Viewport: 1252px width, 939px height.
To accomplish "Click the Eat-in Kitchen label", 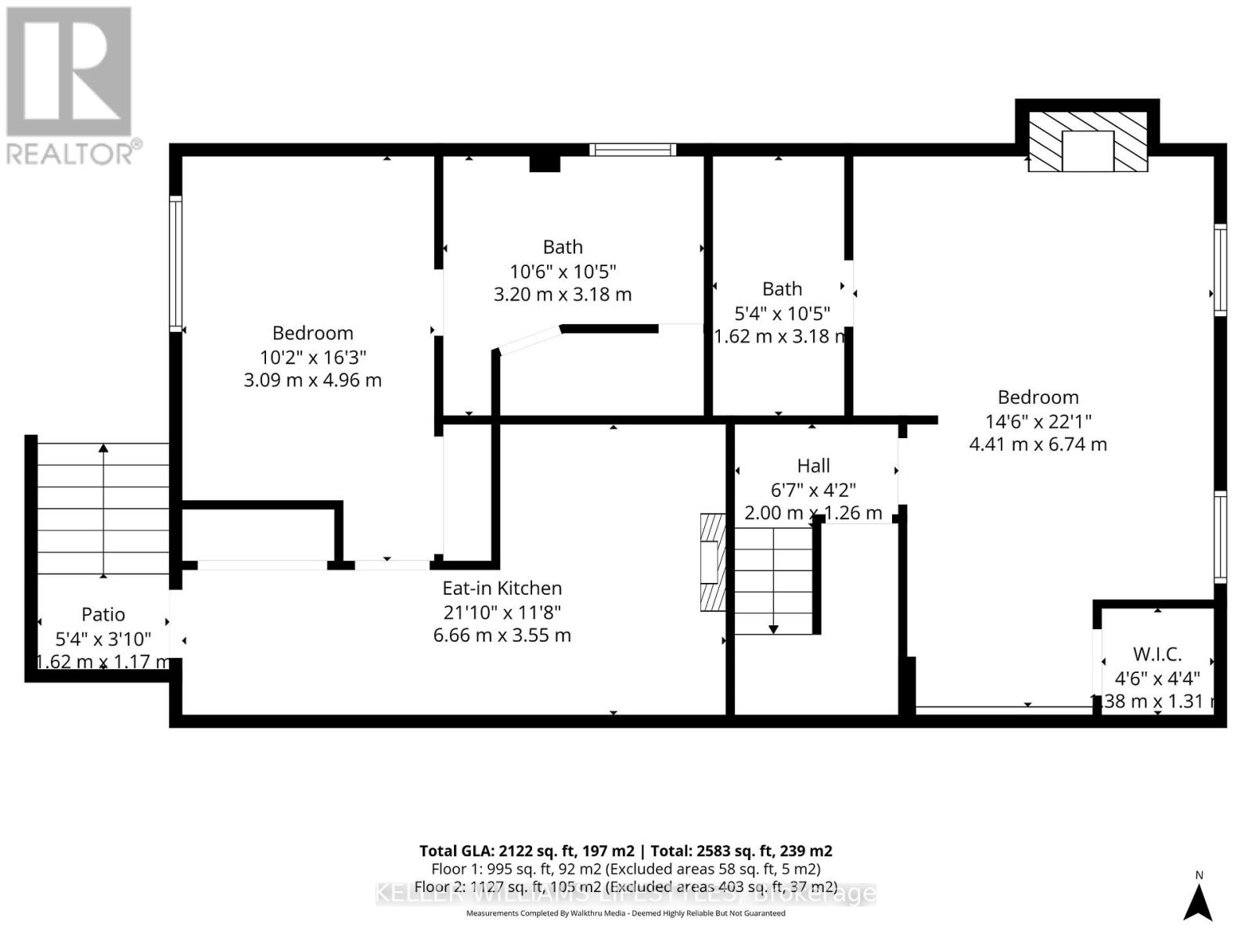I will click(x=502, y=588).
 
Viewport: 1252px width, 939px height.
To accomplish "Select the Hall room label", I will click(x=813, y=466).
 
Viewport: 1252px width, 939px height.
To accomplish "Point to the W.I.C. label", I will click(x=1157, y=654).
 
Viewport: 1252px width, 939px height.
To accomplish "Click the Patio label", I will click(x=103, y=615).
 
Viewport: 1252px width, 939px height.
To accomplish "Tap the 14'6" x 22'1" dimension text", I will click(x=1038, y=421).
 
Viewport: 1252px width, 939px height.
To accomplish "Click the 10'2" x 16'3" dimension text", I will click(x=313, y=357).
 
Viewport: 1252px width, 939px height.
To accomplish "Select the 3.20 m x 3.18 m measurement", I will click(x=563, y=294).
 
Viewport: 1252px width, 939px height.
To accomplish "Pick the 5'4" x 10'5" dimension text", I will click(x=782, y=313).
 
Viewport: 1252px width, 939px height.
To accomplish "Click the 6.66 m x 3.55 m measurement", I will click(x=502, y=635).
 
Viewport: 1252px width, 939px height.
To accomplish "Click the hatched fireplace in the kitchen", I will click(x=713, y=562).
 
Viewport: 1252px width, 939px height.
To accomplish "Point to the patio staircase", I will click(x=103, y=509).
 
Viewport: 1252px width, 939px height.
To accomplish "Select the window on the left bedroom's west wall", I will click(x=176, y=263).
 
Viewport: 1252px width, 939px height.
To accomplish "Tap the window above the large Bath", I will click(x=632, y=149).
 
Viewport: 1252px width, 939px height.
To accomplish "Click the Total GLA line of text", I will click(x=626, y=851).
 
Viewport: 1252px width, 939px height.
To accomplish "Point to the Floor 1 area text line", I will click(x=626, y=869).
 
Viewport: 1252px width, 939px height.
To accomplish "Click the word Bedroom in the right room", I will click(x=1038, y=398).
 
